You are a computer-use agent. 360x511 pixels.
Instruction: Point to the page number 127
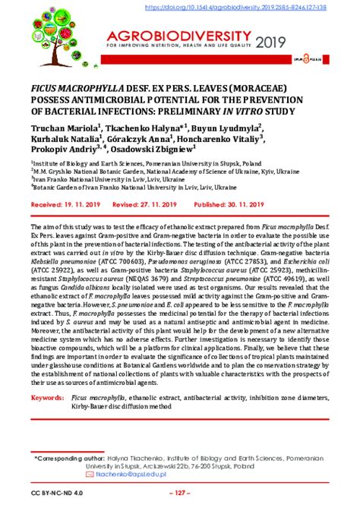click(179, 495)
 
